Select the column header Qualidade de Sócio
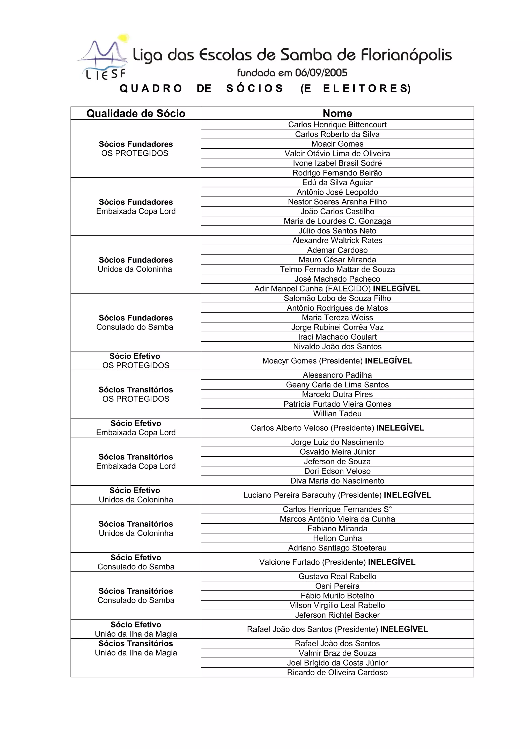click(x=136, y=113)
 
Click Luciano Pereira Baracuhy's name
click(x=289, y=495)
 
